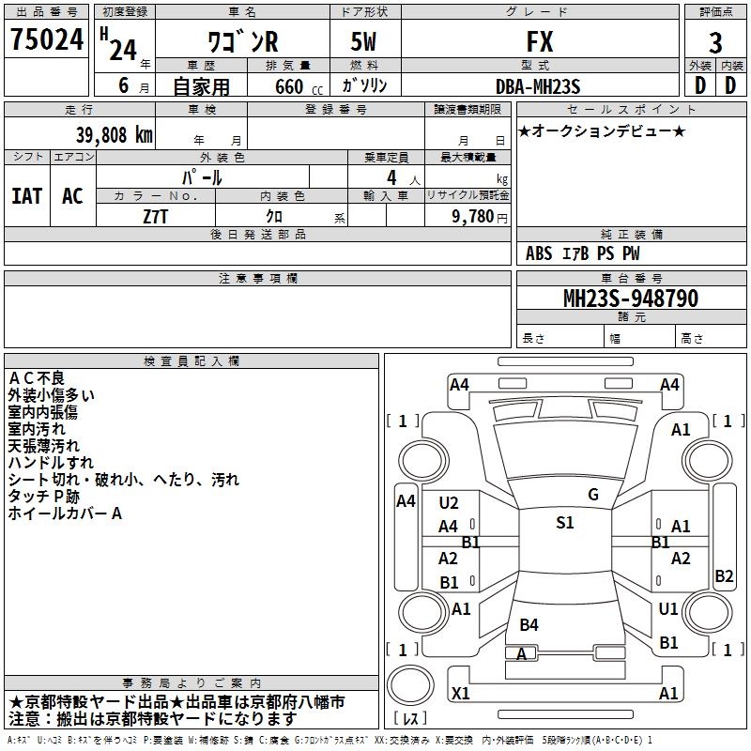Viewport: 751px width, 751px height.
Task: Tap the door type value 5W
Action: [365, 42]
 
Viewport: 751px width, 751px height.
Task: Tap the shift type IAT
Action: [26, 196]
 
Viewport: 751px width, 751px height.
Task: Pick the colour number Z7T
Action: [157, 215]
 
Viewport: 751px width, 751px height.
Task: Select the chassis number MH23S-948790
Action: [630, 299]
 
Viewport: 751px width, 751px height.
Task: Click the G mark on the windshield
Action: [593, 495]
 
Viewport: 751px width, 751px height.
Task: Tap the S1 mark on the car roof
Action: [564, 523]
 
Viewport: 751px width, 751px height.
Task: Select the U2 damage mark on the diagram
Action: [449, 503]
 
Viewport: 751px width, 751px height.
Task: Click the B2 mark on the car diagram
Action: [724, 576]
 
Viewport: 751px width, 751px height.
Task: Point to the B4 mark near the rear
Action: [529, 625]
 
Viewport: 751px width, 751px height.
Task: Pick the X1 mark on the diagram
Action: [461, 694]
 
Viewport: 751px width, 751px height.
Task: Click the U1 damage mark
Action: [668, 609]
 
